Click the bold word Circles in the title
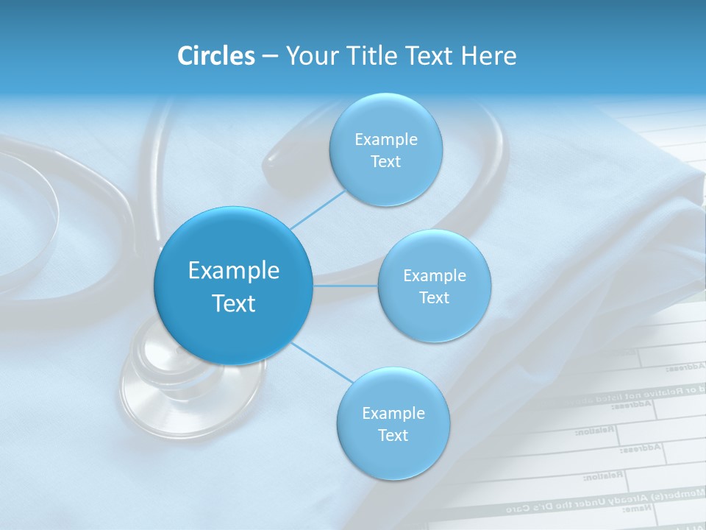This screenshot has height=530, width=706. click(x=216, y=56)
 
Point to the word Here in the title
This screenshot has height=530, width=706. click(x=488, y=56)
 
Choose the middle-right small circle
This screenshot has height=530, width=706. click(x=434, y=317)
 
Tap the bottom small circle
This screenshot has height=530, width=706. click(x=393, y=456)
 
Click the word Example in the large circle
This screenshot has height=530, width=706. click(x=234, y=271)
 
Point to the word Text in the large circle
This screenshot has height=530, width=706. click(x=234, y=303)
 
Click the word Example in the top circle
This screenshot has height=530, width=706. click(x=385, y=140)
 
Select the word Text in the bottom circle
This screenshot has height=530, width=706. click(x=393, y=436)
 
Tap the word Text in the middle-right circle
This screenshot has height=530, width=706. click(x=434, y=298)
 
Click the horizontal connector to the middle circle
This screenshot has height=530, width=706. click(x=345, y=286)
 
